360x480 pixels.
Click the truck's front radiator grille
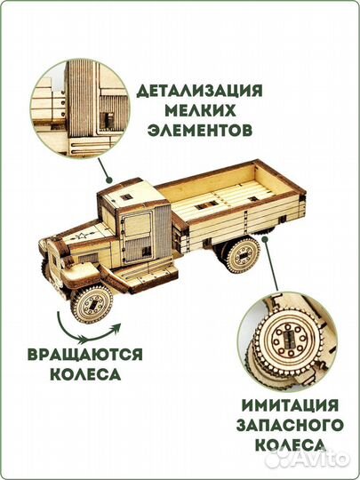coord(52,261)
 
